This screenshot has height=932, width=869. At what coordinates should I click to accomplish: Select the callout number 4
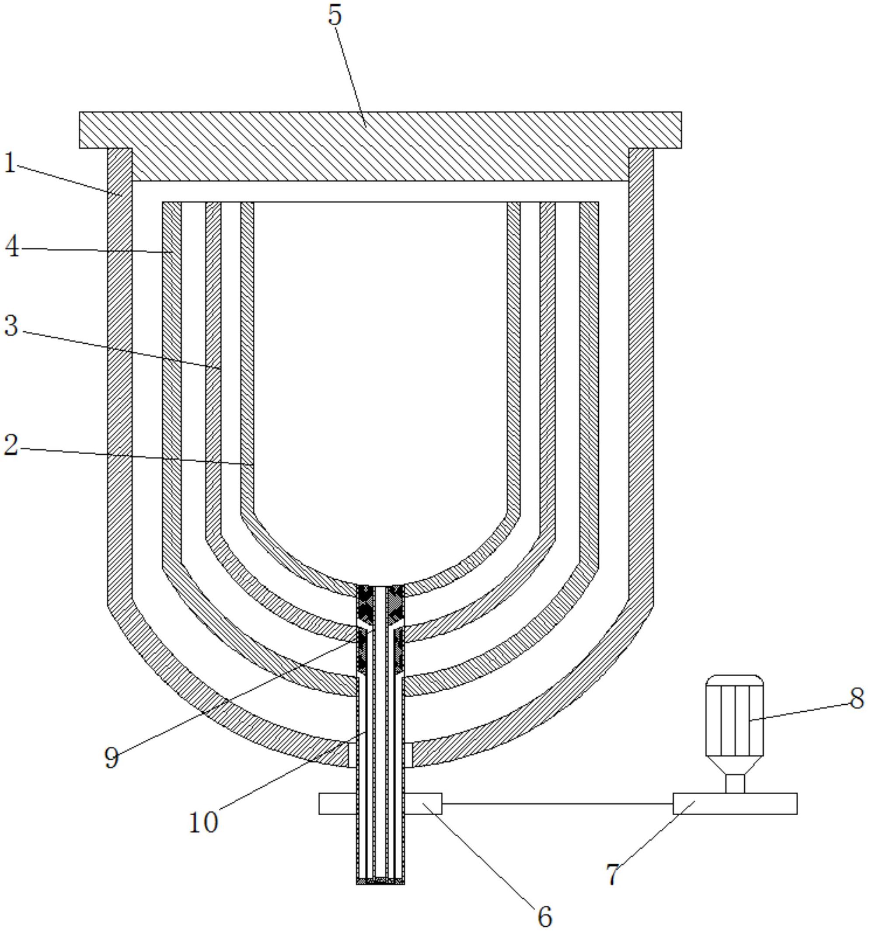[12, 247]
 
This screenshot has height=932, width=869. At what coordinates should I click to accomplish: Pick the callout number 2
[11, 445]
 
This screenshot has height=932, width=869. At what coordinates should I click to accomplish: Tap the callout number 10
[203, 822]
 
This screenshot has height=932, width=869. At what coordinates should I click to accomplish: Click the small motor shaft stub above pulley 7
[735, 784]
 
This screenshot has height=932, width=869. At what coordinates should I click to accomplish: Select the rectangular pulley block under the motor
[735, 803]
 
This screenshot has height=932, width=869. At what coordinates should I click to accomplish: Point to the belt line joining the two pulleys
[557, 803]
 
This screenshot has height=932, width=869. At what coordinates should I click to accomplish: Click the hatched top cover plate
[380, 146]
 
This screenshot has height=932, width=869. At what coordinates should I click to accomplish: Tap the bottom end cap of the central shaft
[380, 881]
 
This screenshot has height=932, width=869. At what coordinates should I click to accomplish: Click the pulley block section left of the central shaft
[338, 803]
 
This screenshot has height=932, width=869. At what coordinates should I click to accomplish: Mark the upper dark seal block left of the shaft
[365, 605]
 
